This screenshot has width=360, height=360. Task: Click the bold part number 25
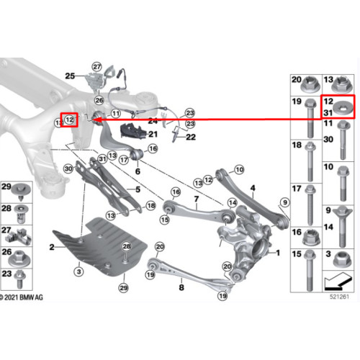(70, 76)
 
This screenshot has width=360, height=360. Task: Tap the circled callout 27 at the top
(97, 67)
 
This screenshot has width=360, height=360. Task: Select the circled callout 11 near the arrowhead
(116, 113)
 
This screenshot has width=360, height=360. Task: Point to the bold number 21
(153, 134)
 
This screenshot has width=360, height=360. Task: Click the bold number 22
(191, 137)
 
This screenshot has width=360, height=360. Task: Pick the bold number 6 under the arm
(138, 171)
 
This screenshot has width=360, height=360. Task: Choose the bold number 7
(197, 199)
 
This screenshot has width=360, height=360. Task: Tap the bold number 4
(253, 188)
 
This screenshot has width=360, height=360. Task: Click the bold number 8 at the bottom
(181, 287)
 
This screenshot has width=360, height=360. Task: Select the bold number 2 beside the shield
(52, 247)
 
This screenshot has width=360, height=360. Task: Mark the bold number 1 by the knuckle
(278, 253)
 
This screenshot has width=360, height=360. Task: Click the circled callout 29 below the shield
(124, 288)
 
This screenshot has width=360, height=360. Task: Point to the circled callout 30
(68, 168)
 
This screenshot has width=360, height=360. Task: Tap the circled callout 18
(151, 205)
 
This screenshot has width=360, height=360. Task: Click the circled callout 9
(285, 202)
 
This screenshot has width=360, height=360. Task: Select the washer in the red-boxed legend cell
(343, 107)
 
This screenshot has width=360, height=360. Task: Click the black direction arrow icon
(338, 281)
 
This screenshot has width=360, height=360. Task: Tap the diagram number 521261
(339, 297)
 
